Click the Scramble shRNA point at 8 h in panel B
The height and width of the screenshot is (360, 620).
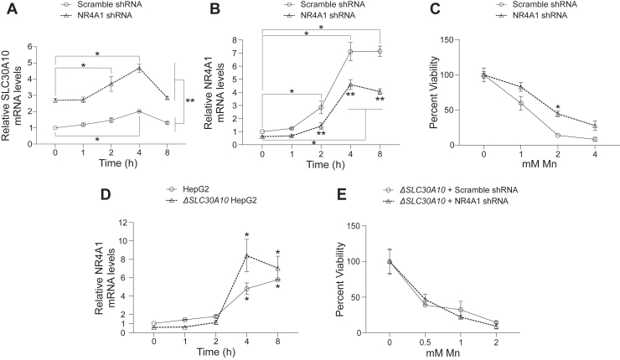(x=380, y=51)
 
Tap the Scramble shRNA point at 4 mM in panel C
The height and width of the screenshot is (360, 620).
(x=594, y=139)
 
